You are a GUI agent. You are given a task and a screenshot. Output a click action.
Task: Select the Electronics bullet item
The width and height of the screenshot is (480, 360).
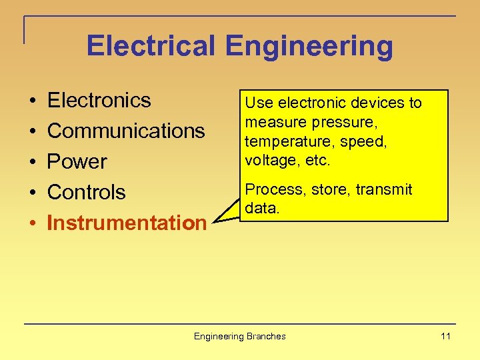point(99,101)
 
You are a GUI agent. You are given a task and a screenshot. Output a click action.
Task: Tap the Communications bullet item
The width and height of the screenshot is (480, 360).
point(126,131)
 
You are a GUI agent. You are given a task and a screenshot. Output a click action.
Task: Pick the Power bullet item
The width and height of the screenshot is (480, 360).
point(77,161)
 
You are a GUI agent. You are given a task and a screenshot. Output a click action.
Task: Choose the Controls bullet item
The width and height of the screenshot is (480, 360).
point(87,192)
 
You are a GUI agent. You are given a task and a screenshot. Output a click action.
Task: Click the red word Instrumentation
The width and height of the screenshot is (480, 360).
point(127,223)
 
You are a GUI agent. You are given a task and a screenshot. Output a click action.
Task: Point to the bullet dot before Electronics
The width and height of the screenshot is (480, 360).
point(33,101)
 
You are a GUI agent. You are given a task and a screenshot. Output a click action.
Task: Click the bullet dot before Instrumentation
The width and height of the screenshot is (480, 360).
point(33,223)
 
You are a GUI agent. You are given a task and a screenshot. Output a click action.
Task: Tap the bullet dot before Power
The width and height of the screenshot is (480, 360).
point(33,162)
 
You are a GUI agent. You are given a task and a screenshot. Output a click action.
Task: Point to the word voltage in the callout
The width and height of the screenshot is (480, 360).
point(267,161)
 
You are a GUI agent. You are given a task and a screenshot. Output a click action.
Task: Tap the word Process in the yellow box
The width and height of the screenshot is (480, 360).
point(268,190)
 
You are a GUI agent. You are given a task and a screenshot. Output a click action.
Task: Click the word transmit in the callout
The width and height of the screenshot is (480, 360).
point(384,190)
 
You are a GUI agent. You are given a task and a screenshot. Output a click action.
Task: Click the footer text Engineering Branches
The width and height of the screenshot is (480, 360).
point(239,336)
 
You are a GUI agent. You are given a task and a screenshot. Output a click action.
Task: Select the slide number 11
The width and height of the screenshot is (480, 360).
point(445,336)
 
